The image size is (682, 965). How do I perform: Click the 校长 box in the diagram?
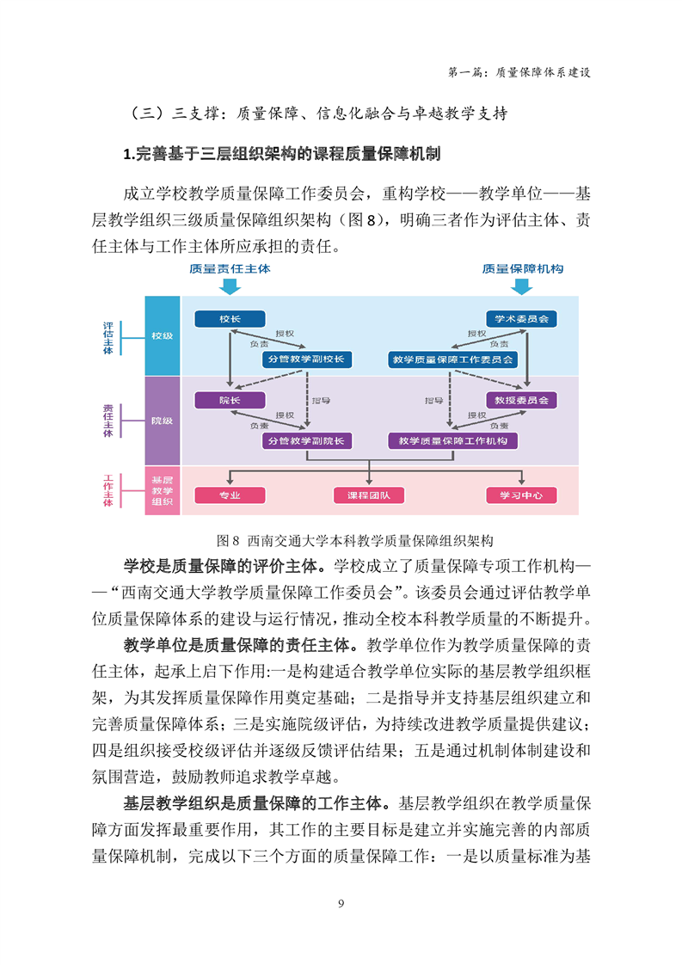coord(230,319)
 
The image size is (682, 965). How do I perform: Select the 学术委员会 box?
coord(521,319)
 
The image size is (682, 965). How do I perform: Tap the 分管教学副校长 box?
coord(306,360)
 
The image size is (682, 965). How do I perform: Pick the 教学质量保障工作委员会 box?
coord(452,360)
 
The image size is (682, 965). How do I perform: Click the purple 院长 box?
coord(230,400)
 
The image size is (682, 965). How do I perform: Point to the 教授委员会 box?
coord(521,400)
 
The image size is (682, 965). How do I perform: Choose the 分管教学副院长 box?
coord(306,440)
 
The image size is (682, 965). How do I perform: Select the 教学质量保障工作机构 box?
coord(452,440)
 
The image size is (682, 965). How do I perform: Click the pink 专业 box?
coord(230,495)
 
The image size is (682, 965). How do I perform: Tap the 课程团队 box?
coord(369,495)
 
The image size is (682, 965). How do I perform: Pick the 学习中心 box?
coord(521,495)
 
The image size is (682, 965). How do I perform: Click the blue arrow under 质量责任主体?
coord(230,286)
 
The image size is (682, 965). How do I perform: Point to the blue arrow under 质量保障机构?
coord(522,286)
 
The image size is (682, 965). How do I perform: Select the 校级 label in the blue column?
coord(163,336)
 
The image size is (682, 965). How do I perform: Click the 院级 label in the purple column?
coord(163,421)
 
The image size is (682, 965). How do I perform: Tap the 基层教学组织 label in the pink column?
coord(163,490)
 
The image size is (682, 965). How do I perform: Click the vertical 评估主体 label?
coord(108,338)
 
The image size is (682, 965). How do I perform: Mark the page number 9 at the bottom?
coord(341,903)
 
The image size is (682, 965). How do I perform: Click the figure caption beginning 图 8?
coord(355,541)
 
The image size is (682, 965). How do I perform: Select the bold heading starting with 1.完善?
coord(282,154)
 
